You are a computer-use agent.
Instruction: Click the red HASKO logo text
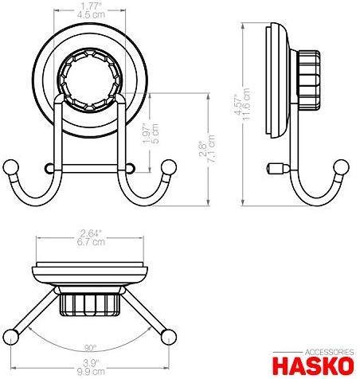pyautogui.click(x=314, y=366)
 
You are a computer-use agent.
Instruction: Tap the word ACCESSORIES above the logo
pyautogui.click(x=329, y=353)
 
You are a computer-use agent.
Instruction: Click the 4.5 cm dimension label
pyautogui.click(x=91, y=15)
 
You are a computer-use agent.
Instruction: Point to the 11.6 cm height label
pyautogui.click(x=246, y=104)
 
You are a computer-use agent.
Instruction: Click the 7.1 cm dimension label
pyautogui.click(x=212, y=149)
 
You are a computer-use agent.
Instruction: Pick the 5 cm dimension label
pyautogui.click(x=155, y=134)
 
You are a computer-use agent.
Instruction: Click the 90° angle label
pyautogui.click(x=90, y=349)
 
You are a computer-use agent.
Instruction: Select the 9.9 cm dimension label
pyautogui.click(x=91, y=372)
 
